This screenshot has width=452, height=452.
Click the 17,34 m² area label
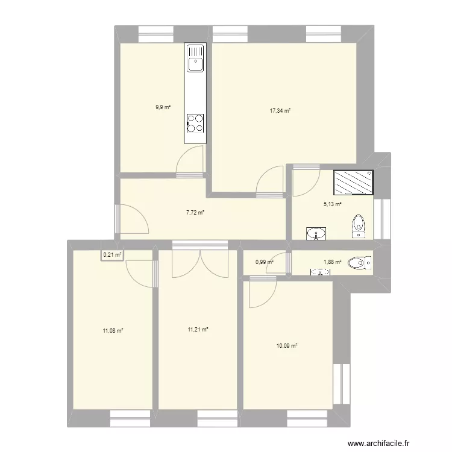tap(281, 111)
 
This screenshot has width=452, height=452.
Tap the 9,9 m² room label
tap(163, 107)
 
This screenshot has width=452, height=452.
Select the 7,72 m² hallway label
tap(195, 212)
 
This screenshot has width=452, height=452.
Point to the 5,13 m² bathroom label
tap(333, 204)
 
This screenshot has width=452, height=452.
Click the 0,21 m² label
tap(112, 255)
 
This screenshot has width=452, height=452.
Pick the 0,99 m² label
tap(265, 262)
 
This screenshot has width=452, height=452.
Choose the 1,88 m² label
tap(333, 262)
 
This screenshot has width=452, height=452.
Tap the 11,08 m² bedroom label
tap(113, 330)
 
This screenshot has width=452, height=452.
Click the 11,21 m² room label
tap(198, 330)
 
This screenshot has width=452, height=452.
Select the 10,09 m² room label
tap(287, 345)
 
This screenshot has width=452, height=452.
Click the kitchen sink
tap(195, 61)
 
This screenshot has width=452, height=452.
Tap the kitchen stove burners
tap(195, 122)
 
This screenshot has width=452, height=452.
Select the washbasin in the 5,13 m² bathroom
tap(315, 233)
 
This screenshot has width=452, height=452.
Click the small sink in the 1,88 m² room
tap(320, 272)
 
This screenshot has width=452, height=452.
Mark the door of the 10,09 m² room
tap(260, 292)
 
